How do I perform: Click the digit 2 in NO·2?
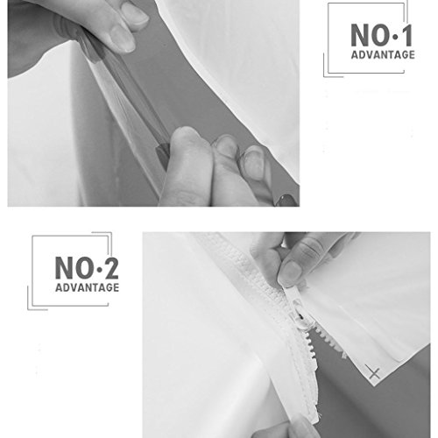click(x=111, y=268)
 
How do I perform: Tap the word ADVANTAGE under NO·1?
click(x=383, y=54)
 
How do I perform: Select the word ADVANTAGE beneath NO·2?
click(x=88, y=287)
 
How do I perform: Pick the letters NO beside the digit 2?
click(x=75, y=268)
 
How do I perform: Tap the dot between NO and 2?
click(x=99, y=270)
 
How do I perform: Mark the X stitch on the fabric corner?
click(x=374, y=372)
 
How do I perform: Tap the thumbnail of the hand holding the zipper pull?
click(x=290, y=271)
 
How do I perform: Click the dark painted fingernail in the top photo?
click(x=286, y=201)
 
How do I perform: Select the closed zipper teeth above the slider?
click(x=257, y=263)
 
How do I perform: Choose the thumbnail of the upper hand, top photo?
click(x=123, y=39)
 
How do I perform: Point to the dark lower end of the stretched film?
click(x=163, y=156)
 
